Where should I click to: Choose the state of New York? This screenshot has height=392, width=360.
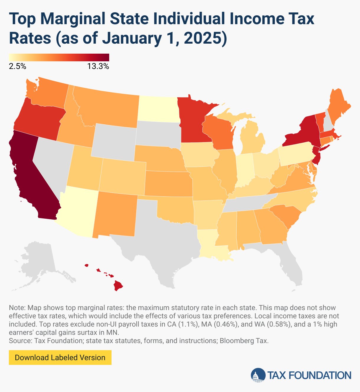304,133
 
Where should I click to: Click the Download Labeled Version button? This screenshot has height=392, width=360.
60,358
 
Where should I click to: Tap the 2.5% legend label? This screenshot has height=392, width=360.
17,67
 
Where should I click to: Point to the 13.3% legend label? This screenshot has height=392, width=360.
98,67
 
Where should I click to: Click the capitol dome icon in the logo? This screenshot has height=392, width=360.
258,375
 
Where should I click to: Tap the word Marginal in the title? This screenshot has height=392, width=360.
72,19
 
